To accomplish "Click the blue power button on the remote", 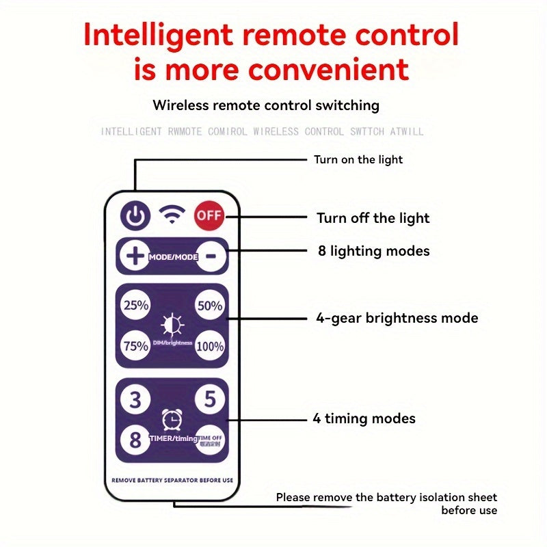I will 135,217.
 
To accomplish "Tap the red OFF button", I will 209,216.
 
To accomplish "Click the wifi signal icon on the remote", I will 172,215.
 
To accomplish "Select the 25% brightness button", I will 135,306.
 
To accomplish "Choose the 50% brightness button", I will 210,306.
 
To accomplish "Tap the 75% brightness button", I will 135,345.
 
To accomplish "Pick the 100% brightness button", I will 210,346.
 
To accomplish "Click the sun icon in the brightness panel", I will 172,323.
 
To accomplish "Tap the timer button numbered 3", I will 135,399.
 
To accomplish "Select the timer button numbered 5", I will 210,399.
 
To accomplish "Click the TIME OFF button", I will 209,440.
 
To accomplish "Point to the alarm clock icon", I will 172,419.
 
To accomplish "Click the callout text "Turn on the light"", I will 358,160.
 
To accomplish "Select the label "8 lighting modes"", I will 373,251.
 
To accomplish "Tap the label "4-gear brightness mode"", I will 397,318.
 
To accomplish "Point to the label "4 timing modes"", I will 364,418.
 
